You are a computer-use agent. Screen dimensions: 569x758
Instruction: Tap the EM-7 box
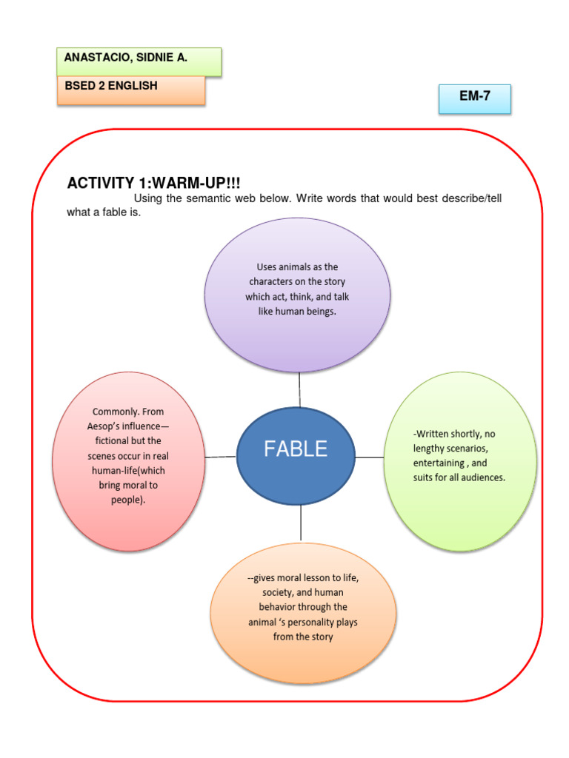[474, 98]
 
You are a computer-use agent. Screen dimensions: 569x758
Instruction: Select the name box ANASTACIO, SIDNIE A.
[139, 61]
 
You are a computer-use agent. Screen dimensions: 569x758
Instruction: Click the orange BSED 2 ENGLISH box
[130, 90]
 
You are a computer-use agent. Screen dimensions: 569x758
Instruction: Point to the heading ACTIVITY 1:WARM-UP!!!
[154, 184]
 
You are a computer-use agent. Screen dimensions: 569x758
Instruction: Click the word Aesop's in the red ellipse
[107, 426]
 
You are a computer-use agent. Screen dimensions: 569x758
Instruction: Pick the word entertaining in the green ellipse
[439, 463]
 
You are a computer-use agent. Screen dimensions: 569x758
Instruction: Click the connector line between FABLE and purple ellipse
[299, 389]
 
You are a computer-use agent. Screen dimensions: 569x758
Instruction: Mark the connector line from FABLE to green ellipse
[370, 457]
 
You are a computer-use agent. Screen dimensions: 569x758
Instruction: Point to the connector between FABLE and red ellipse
[220, 457]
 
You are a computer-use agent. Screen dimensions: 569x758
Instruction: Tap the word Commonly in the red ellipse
[116, 412]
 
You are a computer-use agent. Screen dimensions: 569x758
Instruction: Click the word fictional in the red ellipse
[110, 441]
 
